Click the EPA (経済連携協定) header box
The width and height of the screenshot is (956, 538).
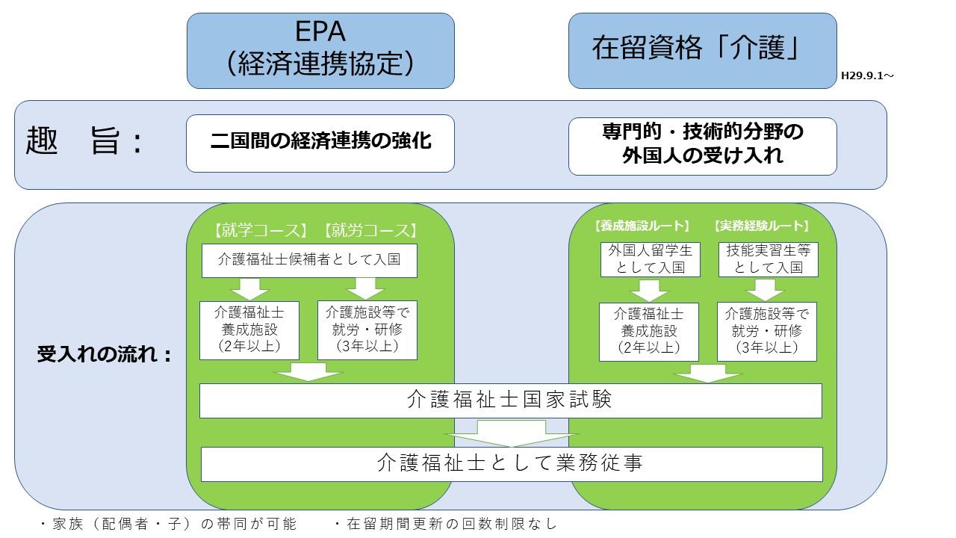point(320,50)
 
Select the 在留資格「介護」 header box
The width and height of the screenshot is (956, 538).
point(702,50)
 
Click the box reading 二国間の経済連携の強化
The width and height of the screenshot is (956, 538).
point(320,143)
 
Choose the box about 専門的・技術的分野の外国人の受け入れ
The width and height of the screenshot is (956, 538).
point(702,146)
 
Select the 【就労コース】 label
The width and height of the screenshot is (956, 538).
point(371,229)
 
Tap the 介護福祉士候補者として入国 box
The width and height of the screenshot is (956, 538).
point(309,260)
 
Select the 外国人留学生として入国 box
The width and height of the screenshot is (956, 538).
point(649,259)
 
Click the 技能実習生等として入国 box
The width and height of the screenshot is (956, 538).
point(768,259)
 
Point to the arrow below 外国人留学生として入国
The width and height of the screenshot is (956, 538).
point(649,289)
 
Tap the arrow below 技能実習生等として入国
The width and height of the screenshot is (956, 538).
point(768,289)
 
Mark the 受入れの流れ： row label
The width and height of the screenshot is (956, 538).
point(105,354)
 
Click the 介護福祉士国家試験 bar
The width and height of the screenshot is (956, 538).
point(510,401)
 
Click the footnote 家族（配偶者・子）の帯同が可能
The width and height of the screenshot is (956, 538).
point(168,524)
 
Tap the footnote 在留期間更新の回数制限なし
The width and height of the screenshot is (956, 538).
point(445,524)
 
